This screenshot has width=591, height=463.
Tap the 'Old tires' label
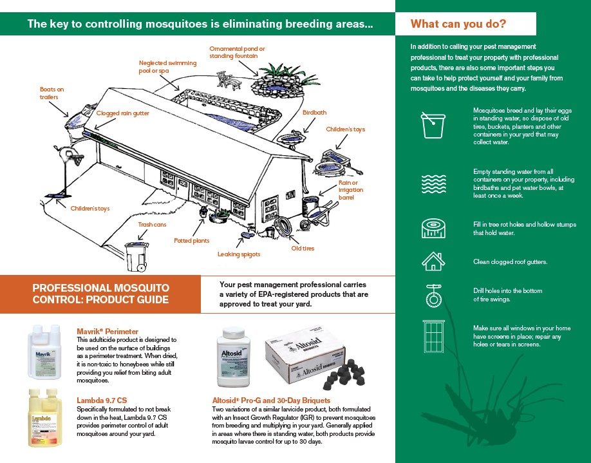302,249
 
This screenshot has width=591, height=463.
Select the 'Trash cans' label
152,225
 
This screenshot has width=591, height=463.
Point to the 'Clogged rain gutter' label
122,113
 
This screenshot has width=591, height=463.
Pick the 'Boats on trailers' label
52,93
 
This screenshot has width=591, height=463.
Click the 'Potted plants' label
191,241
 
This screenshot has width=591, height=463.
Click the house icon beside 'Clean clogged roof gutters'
433,261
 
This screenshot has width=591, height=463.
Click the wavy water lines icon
433,184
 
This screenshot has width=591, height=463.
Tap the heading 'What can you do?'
458,24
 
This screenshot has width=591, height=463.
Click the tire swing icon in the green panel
433,295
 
